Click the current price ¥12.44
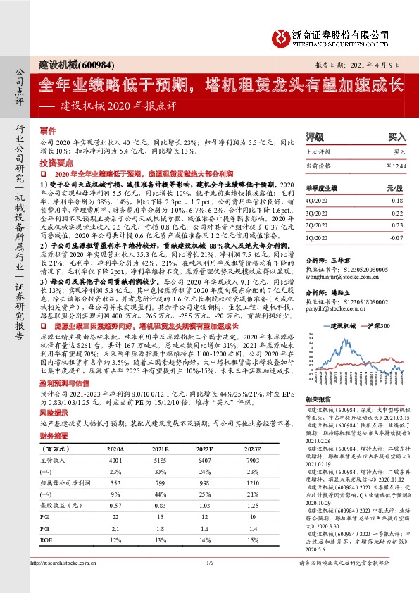pyautogui.click(x=396, y=165)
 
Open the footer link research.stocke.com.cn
pyautogui.click(x=70, y=582)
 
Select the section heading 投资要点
pyautogui.click(x=54, y=162)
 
